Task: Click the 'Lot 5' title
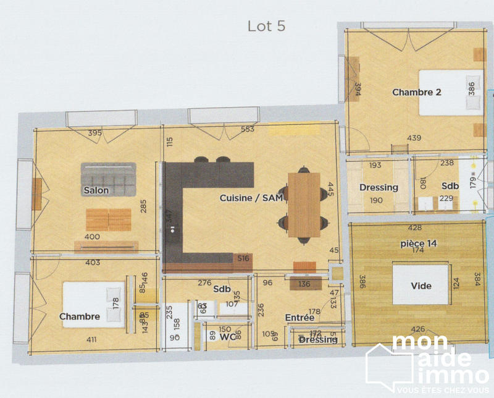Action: click(x=266, y=26)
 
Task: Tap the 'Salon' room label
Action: click(x=96, y=190)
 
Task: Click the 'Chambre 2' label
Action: click(x=417, y=92)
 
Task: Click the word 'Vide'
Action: click(x=421, y=286)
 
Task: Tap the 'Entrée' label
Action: click(x=299, y=318)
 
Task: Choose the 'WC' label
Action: click(x=228, y=337)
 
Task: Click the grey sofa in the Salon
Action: click(x=108, y=176)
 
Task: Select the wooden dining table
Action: click(x=304, y=205)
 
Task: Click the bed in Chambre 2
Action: click(x=450, y=93)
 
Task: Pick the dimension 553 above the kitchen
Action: click(x=248, y=130)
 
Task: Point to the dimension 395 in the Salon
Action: click(x=94, y=133)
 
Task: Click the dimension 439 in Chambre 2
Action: click(x=414, y=138)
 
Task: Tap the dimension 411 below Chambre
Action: click(x=91, y=339)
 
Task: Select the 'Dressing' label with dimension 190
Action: click(x=379, y=188)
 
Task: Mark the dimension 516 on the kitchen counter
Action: click(x=243, y=258)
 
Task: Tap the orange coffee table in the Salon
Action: click(x=108, y=219)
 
